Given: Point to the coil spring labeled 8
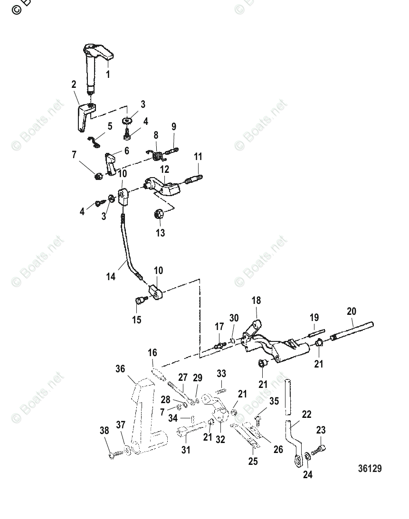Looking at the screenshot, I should [158, 153].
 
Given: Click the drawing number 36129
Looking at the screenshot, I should [370, 469].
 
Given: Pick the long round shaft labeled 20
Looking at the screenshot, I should [353, 331].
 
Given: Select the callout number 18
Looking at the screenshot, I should [256, 301].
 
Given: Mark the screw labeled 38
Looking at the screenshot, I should [114, 455].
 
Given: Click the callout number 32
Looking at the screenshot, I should [220, 439].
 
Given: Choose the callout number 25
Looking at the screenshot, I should [253, 461].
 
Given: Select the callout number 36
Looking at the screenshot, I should [121, 369].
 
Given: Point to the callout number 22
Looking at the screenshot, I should [307, 414].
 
